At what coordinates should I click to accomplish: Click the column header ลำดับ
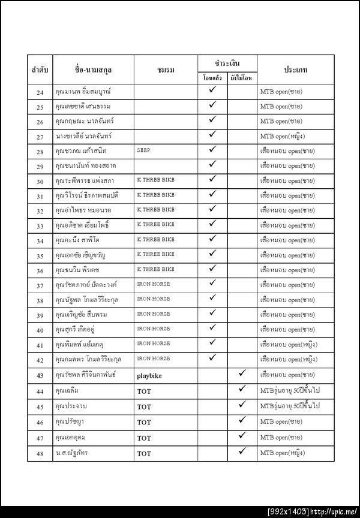tap(40, 70)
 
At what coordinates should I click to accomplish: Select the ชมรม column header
tap(166, 70)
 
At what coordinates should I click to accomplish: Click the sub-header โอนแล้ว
tap(212, 79)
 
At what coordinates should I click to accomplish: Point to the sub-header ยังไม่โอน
tap(242, 79)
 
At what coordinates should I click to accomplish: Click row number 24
tap(40, 92)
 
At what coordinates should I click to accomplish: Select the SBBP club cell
tap(145, 150)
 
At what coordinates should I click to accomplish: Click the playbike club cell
tap(151, 375)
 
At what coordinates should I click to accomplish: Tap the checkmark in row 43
tap(242, 374)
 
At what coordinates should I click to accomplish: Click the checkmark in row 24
tap(212, 90)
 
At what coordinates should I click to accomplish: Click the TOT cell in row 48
tap(144, 454)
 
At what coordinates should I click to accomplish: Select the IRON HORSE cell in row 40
tap(153, 329)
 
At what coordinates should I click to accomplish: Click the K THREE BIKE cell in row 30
tap(155, 180)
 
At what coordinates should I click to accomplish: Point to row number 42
tap(40, 360)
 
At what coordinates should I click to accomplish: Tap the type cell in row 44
tap(290, 391)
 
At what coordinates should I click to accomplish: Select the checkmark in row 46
tap(242, 420)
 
